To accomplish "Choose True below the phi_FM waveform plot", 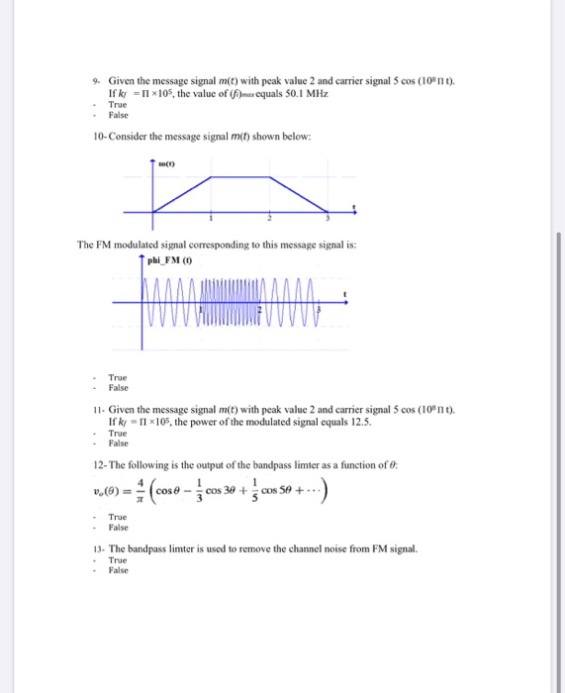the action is (x=117, y=376).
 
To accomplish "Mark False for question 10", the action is (x=118, y=387).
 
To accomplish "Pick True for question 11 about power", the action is (x=117, y=433).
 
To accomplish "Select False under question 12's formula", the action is (x=118, y=527).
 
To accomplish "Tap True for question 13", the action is (x=117, y=560).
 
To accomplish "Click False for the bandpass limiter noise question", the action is (x=118, y=571).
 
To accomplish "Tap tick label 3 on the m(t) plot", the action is (x=327, y=218).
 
